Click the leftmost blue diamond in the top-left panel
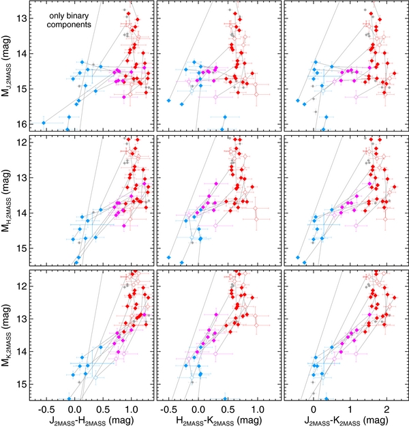[44, 123]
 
